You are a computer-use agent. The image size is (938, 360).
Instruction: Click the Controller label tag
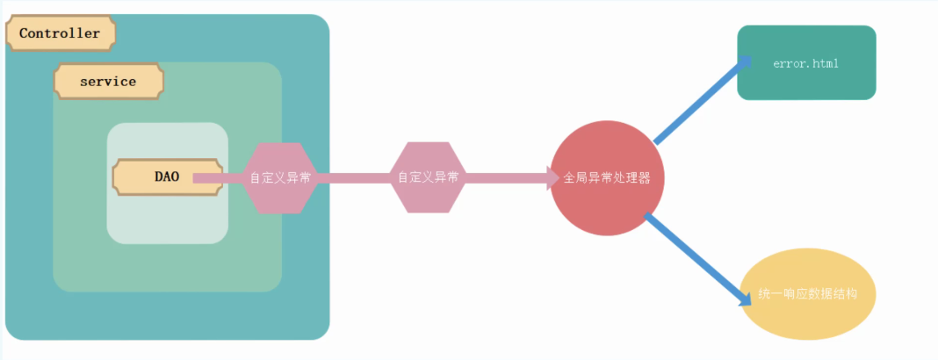(60, 33)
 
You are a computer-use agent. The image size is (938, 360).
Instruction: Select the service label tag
(108, 81)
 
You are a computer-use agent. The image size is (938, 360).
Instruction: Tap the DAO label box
(166, 176)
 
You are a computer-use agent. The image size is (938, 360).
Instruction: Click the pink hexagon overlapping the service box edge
(280, 177)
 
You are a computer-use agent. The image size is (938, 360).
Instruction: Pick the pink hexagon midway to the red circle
(428, 177)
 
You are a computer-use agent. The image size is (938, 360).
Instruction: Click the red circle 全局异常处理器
(607, 177)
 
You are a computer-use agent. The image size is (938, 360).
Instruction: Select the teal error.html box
(806, 63)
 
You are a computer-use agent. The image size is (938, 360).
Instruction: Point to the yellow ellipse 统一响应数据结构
(809, 294)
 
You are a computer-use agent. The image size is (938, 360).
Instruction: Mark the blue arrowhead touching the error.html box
(745, 61)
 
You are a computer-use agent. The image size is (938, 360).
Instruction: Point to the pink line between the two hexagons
(353, 177)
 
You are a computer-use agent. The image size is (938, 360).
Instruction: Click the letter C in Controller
(24, 34)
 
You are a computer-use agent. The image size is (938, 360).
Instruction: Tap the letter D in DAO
(159, 176)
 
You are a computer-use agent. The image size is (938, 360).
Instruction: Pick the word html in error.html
(825, 63)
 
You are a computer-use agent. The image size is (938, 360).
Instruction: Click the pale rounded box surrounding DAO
(167, 220)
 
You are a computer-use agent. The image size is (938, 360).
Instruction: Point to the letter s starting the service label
(83, 82)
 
